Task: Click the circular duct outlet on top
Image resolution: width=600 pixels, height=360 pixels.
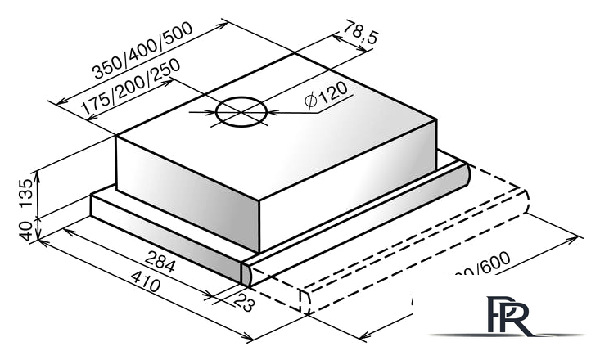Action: [x=241, y=112]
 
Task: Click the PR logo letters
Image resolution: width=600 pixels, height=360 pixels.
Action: [x=508, y=316]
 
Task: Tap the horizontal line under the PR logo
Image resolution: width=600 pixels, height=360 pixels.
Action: [x=508, y=335]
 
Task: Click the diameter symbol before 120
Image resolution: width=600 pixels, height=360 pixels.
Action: [x=309, y=100]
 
